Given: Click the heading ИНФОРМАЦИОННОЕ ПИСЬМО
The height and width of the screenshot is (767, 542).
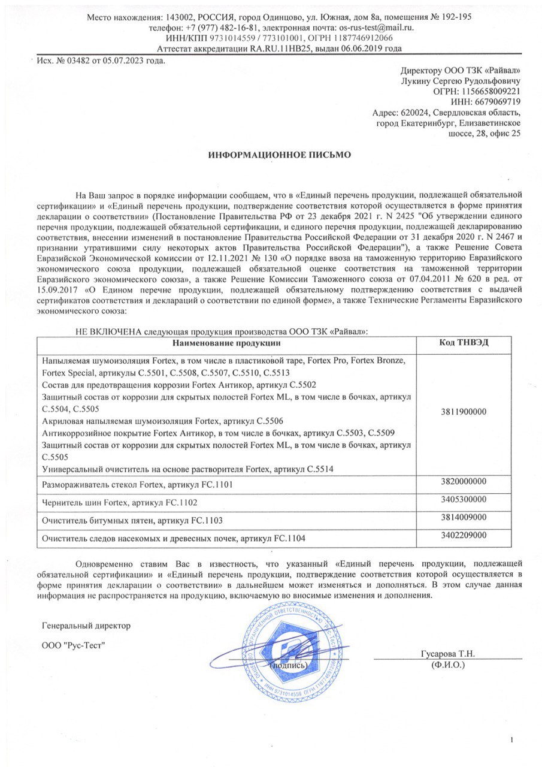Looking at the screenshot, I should pyautogui.click(x=279, y=155).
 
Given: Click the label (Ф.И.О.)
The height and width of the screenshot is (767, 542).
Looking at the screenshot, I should pyautogui.click(x=448, y=665).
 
